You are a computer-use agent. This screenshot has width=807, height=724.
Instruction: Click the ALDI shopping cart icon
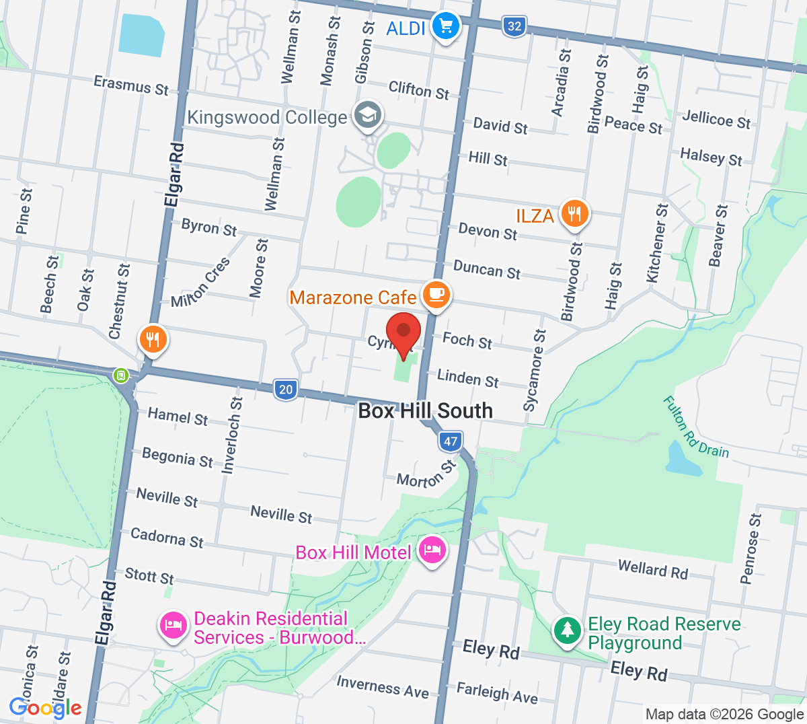click(x=445, y=27)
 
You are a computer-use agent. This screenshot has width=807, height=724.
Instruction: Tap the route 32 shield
click(x=514, y=26)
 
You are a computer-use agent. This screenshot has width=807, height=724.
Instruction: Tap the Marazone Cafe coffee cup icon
click(x=436, y=294)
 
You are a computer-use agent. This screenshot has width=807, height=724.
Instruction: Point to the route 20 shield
click(x=286, y=389)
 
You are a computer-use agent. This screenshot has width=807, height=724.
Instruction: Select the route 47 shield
click(x=450, y=441)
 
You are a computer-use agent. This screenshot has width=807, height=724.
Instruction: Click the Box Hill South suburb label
click(x=425, y=410)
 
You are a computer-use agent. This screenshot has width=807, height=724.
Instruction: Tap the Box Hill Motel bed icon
click(x=432, y=550)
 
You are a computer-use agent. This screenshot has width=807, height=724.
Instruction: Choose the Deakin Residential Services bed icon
click(x=173, y=626)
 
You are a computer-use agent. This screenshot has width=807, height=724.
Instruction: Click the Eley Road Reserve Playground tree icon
click(x=568, y=630)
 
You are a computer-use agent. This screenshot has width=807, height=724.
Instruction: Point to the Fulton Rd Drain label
click(x=695, y=428)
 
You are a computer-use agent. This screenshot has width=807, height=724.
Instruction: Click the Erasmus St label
click(x=131, y=85)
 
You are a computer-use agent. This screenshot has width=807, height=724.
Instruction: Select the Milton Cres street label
click(x=200, y=283)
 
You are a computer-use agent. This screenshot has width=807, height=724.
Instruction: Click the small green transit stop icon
click(x=121, y=375)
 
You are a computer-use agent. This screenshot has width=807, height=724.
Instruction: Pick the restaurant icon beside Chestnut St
click(x=153, y=339)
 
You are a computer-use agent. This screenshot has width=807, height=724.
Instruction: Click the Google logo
click(x=45, y=707)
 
